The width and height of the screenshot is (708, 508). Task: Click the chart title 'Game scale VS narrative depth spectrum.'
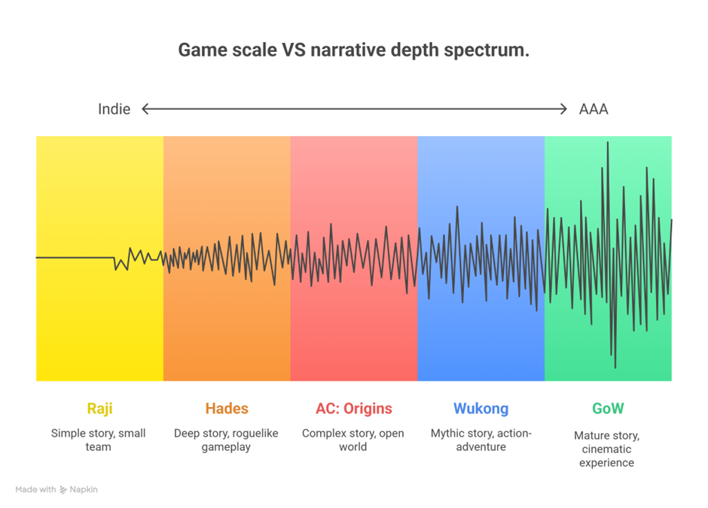pyautogui.click(x=353, y=50)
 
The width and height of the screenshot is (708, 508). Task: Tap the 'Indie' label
pyautogui.click(x=114, y=109)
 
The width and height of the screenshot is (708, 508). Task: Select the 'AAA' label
pyautogui.click(x=594, y=109)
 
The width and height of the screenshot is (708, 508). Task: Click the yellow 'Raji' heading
pyautogui.click(x=99, y=409)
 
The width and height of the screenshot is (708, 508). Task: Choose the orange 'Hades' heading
pyautogui.click(x=227, y=409)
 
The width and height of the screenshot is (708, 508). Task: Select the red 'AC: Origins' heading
pyautogui.click(x=354, y=409)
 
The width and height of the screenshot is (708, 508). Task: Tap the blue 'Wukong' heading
pyautogui.click(x=481, y=409)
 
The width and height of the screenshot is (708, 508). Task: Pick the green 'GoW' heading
pyautogui.click(x=608, y=409)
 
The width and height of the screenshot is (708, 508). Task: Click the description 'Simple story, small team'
pyautogui.click(x=99, y=440)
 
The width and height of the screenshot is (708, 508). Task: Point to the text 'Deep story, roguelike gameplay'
pyautogui.click(x=226, y=440)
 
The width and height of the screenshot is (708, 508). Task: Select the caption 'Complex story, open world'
pyautogui.click(x=353, y=440)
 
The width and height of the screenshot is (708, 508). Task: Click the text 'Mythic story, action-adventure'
pyautogui.click(x=481, y=440)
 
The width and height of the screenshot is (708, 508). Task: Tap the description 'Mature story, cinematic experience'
pyautogui.click(x=607, y=449)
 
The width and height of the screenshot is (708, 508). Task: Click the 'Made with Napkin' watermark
pyautogui.click(x=56, y=489)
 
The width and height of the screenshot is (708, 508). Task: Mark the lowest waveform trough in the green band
pyautogui.click(x=615, y=367)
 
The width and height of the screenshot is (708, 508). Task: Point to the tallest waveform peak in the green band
pyautogui.click(x=608, y=142)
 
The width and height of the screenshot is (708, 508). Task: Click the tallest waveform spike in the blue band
pyautogui.click(x=457, y=207)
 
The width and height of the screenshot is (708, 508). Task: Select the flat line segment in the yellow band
pyautogui.click(x=75, y=257)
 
